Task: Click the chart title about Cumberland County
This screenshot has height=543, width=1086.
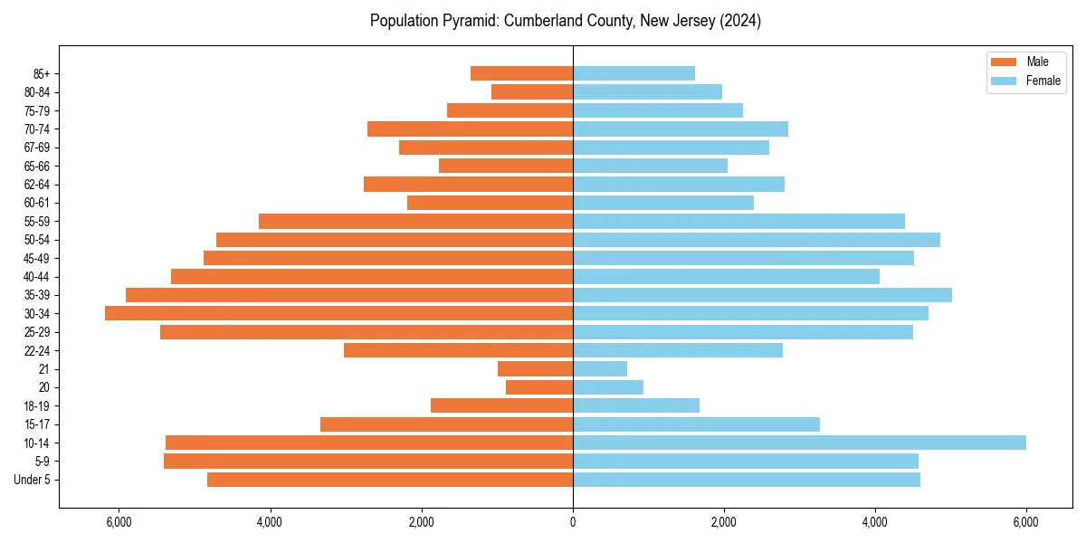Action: point(565,21)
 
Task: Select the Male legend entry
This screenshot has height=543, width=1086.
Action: point(1037,62)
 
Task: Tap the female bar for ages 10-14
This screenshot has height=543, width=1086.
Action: point(799,443)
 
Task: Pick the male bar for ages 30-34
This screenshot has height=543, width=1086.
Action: point(339,313)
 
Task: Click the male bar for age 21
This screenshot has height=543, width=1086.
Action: point(536,369)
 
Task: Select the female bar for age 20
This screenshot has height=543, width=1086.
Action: point(608,387)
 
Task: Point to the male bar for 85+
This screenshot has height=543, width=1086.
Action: point(522,73)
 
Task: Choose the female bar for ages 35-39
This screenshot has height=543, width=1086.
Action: point(762,295)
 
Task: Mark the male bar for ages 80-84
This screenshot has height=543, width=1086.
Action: point(532,91)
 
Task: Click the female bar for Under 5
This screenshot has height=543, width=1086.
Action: point(747,480)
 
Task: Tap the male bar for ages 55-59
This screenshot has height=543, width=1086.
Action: point(416,221)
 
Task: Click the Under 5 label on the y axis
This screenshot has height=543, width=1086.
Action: point(33,480)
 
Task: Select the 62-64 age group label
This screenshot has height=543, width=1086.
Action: point(37,185)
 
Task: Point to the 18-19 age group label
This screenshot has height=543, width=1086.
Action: point(37,406)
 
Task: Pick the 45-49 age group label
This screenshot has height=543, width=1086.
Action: point(37,258)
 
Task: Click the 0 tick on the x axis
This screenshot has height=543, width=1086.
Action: point(573,522)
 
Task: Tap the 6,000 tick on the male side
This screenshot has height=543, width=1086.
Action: point(119,522)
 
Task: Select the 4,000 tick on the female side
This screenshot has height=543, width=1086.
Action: point(875,522)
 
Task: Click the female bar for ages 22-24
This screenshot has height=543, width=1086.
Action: point(678,350)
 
